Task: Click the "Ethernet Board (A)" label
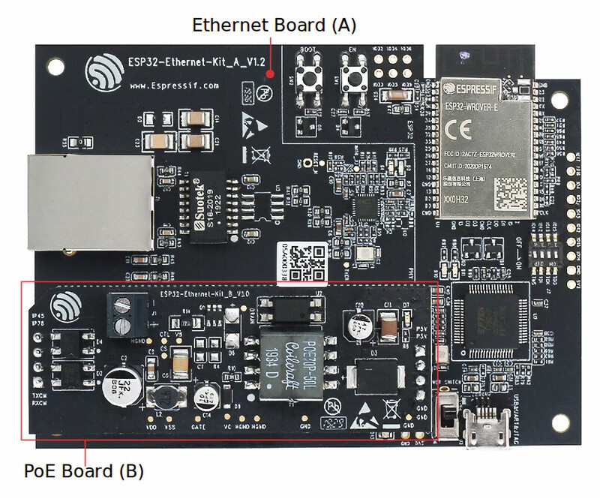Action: click(274, 24)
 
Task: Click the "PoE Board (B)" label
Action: click(83, 472)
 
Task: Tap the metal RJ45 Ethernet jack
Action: click(89, 202)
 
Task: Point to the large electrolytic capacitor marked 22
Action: click(120, 387)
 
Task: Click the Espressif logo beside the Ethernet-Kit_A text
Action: click(104, 72)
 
